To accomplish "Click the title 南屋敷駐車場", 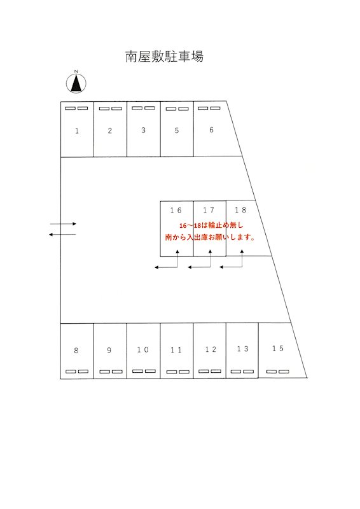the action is [164, 57].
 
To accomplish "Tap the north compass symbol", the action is [76, 83].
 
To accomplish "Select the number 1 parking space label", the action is [77, 131].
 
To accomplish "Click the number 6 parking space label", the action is [211, 130].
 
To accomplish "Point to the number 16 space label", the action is [176, 211].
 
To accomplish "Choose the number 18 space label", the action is [241, 210].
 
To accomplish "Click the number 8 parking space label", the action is [76, 351].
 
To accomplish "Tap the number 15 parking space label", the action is [278, 348].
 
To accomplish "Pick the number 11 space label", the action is [176, 350].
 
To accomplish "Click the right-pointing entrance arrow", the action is [63, 224].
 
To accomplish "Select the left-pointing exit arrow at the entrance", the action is [62, 234].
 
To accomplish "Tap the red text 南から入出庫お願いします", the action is [210, 237].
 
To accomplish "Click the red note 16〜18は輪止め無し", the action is [211, 225].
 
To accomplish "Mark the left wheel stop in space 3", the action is [137, 108].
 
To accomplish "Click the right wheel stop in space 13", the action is [248, 372].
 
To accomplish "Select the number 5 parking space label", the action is [177, 130].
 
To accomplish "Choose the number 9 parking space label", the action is [109, 351].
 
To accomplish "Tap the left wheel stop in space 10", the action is [137, 371].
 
